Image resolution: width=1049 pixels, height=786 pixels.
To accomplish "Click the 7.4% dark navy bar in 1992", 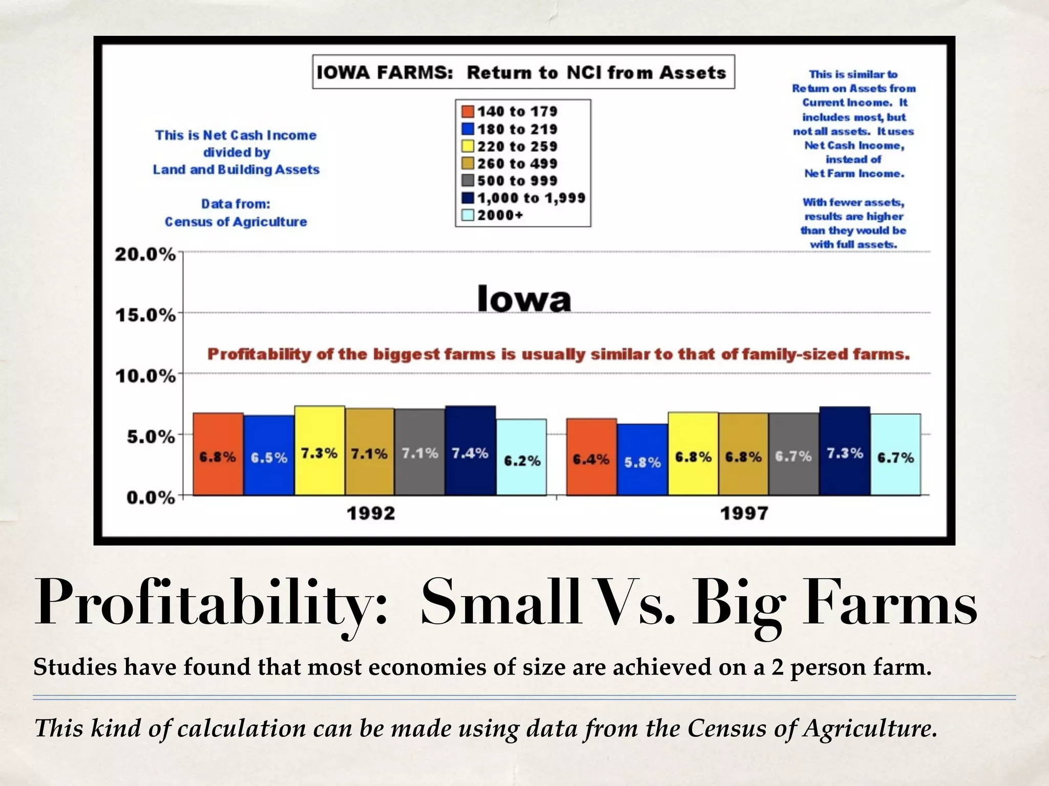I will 470,451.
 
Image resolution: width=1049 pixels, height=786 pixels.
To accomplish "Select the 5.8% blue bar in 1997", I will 642,460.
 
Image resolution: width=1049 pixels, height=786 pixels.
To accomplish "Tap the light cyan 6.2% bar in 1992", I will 521,457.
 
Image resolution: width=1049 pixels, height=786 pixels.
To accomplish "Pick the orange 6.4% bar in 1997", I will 591,457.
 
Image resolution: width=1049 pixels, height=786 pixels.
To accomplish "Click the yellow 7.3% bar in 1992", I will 319,451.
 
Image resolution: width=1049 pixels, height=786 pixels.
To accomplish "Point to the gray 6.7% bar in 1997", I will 793,454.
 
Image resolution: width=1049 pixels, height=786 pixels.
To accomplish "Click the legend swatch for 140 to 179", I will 467,112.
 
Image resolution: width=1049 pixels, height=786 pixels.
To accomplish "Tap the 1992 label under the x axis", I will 371,513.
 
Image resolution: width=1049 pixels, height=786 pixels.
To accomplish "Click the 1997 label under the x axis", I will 744,513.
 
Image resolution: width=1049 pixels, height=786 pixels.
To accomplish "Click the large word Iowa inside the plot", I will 523,299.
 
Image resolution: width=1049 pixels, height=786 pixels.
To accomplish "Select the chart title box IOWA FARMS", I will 523,72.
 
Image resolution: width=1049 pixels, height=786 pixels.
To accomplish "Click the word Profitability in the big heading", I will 210,602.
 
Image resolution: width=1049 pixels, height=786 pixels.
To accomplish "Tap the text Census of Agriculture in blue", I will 236,222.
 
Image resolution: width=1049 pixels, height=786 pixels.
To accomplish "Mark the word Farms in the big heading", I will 889,602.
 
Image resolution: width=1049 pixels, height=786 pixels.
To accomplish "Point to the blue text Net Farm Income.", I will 854,173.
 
